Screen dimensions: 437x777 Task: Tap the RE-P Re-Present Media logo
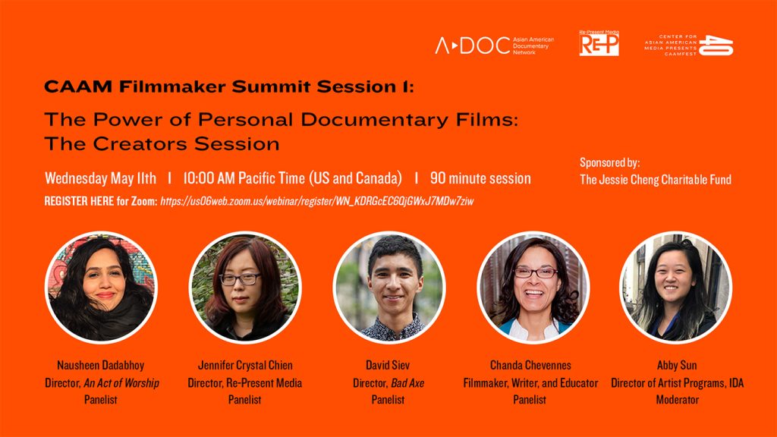coord(599,43)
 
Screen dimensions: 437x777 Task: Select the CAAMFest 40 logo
coord(688,45)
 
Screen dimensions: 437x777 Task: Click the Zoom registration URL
coord(317,201)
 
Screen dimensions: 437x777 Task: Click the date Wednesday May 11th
coord(100,178)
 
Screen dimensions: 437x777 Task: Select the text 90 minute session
coord(480,178)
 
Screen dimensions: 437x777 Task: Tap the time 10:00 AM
coord(209,178)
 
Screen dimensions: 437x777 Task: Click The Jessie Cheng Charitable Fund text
coord(656,180)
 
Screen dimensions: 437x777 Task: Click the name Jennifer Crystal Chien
coord(245,365)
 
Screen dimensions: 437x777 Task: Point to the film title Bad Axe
coord(407,383)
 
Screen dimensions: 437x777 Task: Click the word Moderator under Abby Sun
coord(677,400)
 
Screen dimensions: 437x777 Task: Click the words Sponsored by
coord(609,162)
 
